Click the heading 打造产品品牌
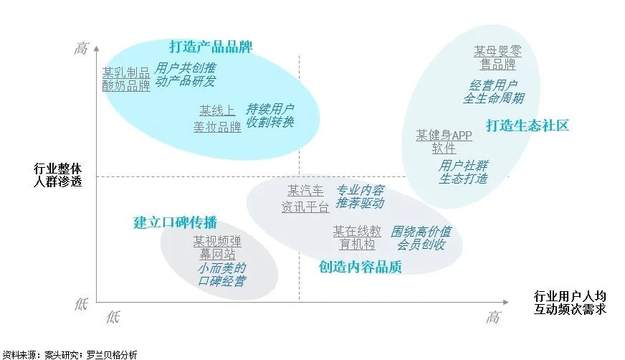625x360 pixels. [x=211, y=47]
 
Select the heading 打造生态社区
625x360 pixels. [x=527, y=125]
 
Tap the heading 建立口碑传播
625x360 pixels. [x=175, y=222]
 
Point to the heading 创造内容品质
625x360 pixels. [x=360, y=267]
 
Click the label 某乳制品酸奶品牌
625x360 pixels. [x=126, y=79]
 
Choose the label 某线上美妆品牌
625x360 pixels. [x=217, y=119]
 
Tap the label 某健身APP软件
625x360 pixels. [x=444, y=142]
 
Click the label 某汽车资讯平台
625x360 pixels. [x=305, y=199]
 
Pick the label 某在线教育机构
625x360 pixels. [x=357, y=238]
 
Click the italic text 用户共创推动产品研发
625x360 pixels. [x=185, y=75]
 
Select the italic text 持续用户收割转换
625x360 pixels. [x=269, y=115]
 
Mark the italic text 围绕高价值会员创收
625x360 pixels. [x=421, y=238]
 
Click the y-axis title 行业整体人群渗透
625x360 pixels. [x=58, y=175]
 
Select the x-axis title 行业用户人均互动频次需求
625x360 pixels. [x=570, y=302]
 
